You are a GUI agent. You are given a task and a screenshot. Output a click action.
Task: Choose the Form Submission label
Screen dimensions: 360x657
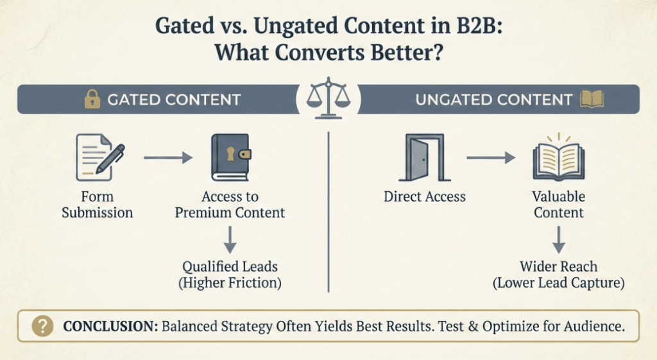click(x=98, y=205)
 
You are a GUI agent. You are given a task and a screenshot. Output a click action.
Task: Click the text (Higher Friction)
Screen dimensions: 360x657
click(x=232, y=283)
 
